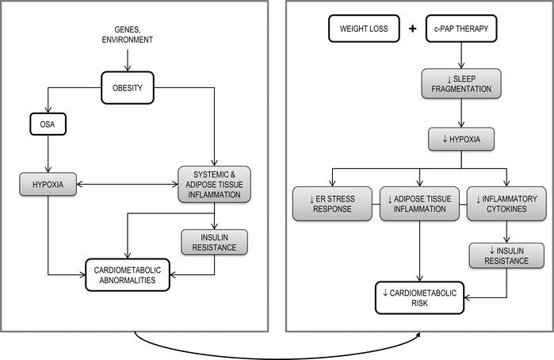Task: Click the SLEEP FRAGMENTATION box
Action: [461, 85]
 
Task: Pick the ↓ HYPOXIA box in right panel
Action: [462, 140]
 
